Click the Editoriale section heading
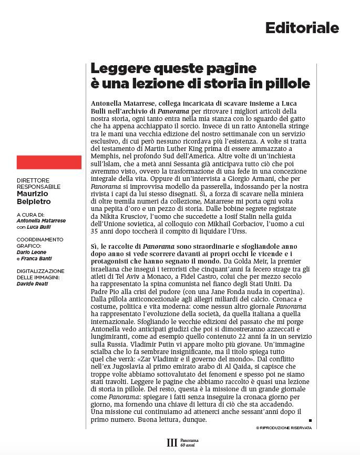click(302, 27)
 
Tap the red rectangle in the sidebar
click(49, 162)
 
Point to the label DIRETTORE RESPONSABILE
click(38, 184)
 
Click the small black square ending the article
click(310, 420)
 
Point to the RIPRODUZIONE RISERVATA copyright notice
click(284, 428)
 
